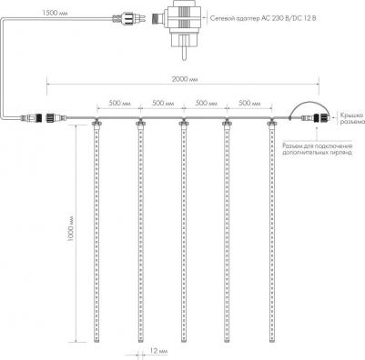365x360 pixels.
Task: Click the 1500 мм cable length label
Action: pos(55,13)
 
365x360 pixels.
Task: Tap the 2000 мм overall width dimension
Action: pos(185,79)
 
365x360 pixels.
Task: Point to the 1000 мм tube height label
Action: pos(71,229)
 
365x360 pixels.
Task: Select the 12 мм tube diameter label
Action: pos(158,351)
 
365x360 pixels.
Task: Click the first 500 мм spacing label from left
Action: pos(119,103)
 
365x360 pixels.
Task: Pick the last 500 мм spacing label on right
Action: pos(249,103)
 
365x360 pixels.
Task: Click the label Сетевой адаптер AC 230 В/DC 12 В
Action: pos(263,18)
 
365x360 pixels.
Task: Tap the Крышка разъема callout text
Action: pos(352,118)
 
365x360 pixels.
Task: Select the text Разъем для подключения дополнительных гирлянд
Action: pos(318,149)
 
